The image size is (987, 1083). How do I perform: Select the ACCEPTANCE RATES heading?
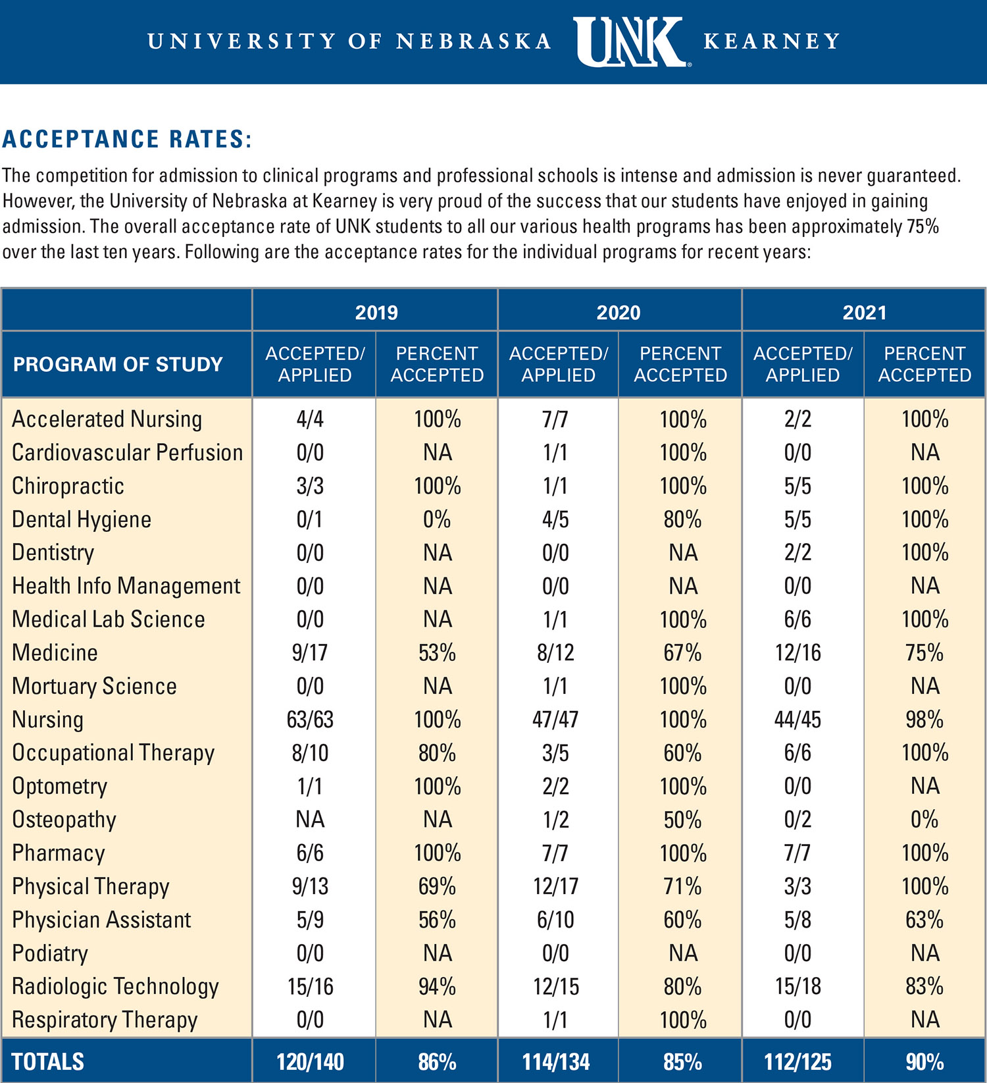(x=128, y=139)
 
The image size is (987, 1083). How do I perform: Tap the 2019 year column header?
(x=376, y=312)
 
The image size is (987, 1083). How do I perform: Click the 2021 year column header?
(x=864, y=312)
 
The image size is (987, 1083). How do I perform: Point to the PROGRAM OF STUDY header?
(x=118, y=364)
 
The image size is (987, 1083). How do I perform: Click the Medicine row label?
(x=55, y=652)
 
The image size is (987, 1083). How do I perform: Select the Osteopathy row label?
(x=64, y=820)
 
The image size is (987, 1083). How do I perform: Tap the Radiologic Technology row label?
(x=115, y=986)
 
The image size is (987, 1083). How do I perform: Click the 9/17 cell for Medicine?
(x=310, y=652)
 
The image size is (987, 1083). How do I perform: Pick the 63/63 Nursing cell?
(x=310, y=720)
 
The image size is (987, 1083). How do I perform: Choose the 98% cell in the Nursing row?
(x=924, y=720)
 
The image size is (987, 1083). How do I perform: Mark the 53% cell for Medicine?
(x=437, y=652)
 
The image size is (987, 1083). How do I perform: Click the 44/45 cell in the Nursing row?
(x=797, y=720)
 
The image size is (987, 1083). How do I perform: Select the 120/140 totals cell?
(x=310, y=1062)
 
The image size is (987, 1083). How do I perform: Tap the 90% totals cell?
(x=924, y=1062)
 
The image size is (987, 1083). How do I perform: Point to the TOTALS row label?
(x=48, y=1062)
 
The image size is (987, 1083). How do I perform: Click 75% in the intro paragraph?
(x=923, y=226)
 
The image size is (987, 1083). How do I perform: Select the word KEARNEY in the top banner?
(x=771, y=41)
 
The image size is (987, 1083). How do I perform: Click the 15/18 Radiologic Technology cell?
(x=797, y=986)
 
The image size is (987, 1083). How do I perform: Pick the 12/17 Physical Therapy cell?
(x=555, y=886)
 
